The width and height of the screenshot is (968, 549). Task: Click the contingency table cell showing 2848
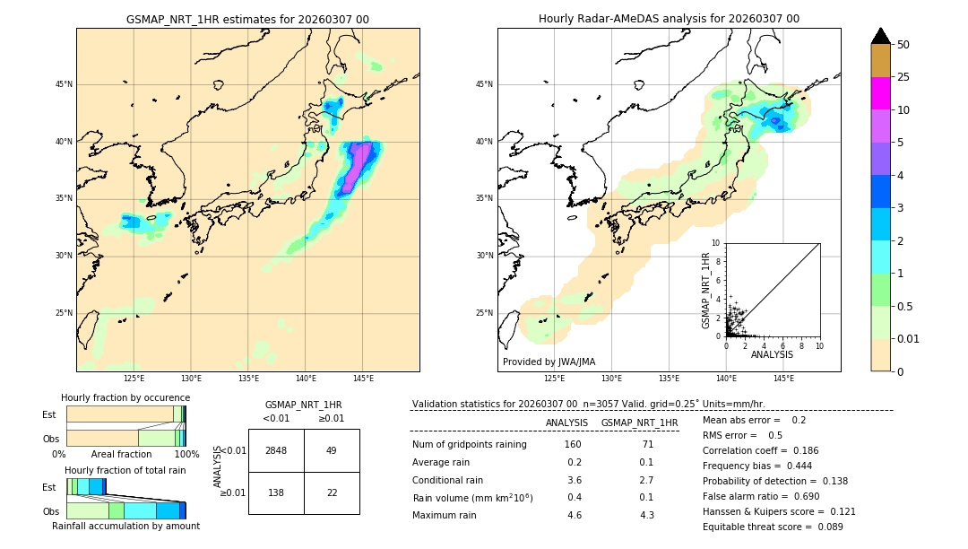coord(276,450)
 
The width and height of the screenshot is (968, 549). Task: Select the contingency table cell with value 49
coord(332,450)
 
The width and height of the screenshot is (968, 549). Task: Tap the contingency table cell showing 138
coord(276,492)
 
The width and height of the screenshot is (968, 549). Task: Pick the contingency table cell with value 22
coord(332,492)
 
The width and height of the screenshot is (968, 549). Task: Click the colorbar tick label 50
coord(903,45)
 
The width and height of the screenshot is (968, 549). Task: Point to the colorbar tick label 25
coord(903,77)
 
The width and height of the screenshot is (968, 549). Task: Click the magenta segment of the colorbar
coord(880,93)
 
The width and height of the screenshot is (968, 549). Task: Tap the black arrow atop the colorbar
coord(880,36)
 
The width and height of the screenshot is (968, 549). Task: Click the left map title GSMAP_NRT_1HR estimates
coord(247,19)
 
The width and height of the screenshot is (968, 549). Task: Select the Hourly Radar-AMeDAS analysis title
coord(669,19)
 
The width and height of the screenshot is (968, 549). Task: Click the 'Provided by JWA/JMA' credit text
coord(549,362)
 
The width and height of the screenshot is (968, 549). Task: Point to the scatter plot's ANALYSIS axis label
coord(772,355)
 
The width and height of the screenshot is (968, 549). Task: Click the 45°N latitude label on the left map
coord(64,84)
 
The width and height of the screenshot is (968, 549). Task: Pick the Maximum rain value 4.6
coord(574,515)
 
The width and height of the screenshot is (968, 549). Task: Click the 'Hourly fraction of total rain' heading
coord(125,470)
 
